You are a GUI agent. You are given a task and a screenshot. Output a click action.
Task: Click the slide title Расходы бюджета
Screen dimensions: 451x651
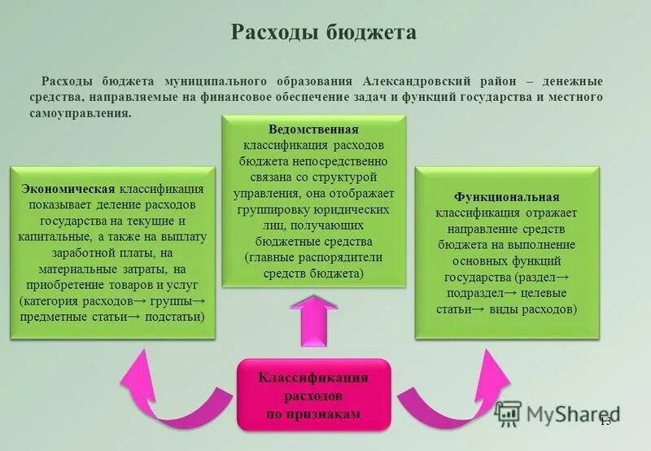coord(324,32)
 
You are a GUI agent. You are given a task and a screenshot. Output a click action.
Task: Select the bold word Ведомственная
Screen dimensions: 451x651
coord(312,129)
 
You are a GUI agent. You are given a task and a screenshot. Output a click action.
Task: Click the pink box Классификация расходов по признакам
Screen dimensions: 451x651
coord(313,396)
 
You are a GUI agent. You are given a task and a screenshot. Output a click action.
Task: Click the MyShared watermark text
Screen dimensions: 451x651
coord(573,414)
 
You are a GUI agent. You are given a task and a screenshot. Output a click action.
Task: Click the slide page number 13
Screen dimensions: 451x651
coord(605,421)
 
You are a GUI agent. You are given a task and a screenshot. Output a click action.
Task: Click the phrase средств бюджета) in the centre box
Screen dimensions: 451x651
coord(313,274)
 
